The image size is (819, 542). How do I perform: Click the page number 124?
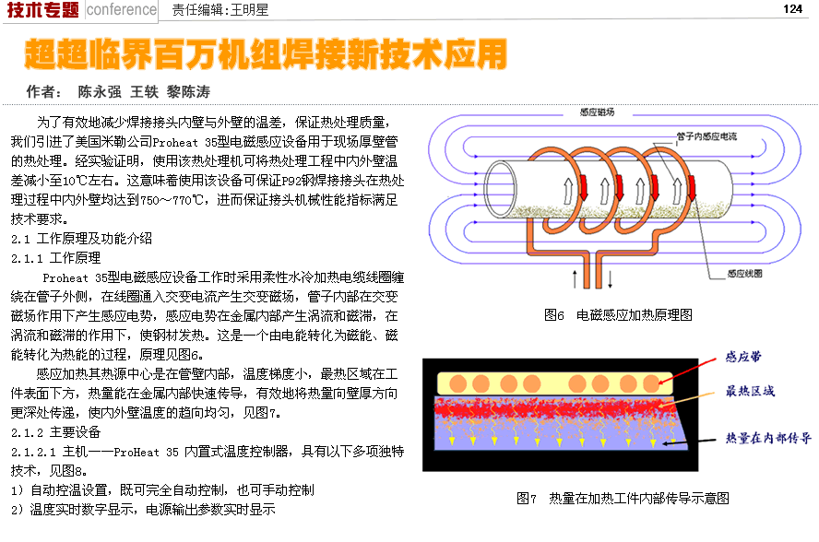point(791,8)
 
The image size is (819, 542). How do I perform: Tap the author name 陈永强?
point(100,92)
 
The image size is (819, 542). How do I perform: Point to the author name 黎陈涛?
point(188,92)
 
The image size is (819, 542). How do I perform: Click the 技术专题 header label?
point(42,10)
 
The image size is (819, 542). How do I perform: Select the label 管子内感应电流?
point(706,136)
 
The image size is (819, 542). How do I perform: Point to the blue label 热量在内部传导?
point(767,438)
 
